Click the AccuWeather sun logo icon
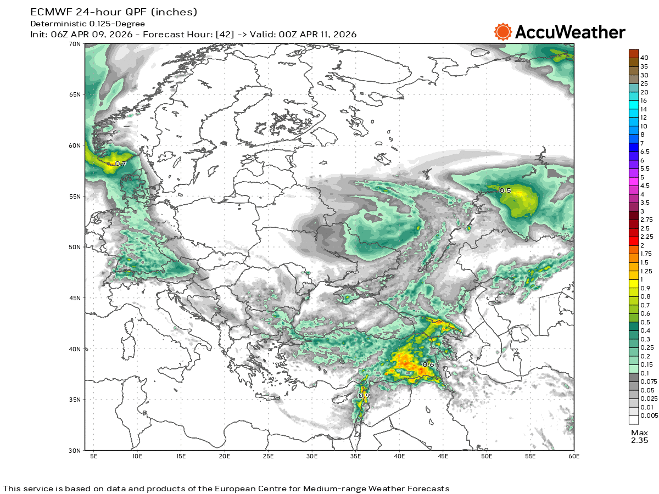coord(502,32)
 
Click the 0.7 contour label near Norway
coord(120,164)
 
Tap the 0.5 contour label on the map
coord(505,190)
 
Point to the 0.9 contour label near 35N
coord(364,396)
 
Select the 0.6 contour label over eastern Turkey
coord(428,364)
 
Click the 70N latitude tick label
coord(75,44)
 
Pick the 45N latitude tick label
coord(75,298)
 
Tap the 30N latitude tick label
coord(75,451)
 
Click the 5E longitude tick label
coord(93,456)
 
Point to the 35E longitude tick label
coord(355,456)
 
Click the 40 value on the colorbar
coord(645,58)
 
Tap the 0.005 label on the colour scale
coord(649,415)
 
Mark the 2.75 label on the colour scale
coord(647,220)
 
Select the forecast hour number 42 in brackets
coord(224,34)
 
